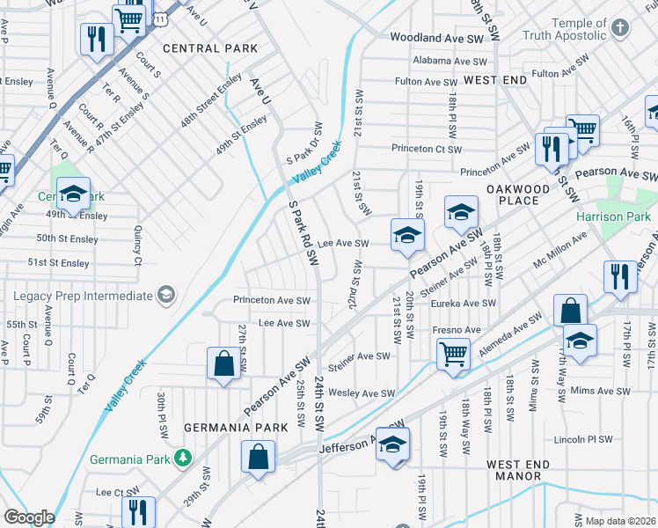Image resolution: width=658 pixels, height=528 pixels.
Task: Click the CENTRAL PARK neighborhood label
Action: coord(210,48)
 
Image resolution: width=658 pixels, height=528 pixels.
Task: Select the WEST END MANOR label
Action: coord(518,470)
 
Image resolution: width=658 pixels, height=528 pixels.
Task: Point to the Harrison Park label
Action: coord(613,216)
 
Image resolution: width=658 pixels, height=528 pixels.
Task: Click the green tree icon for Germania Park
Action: coord(182,458)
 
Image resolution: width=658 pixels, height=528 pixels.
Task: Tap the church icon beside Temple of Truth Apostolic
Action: coord(621,28)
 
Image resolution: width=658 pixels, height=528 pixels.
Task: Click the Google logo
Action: coord(28,517)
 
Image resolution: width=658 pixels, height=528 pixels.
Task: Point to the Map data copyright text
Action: coord(620,521)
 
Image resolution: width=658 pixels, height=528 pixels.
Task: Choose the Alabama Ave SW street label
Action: coord(450,62)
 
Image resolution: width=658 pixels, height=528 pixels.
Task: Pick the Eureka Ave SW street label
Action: coord(464,304)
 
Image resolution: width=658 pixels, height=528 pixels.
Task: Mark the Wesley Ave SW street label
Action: coord(361,393)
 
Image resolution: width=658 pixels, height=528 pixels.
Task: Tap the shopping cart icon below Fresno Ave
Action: coord(453,354)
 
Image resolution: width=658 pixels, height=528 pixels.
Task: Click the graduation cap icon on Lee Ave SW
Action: coord(407,235)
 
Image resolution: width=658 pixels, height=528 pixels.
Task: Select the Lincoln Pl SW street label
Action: coord(595,438)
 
